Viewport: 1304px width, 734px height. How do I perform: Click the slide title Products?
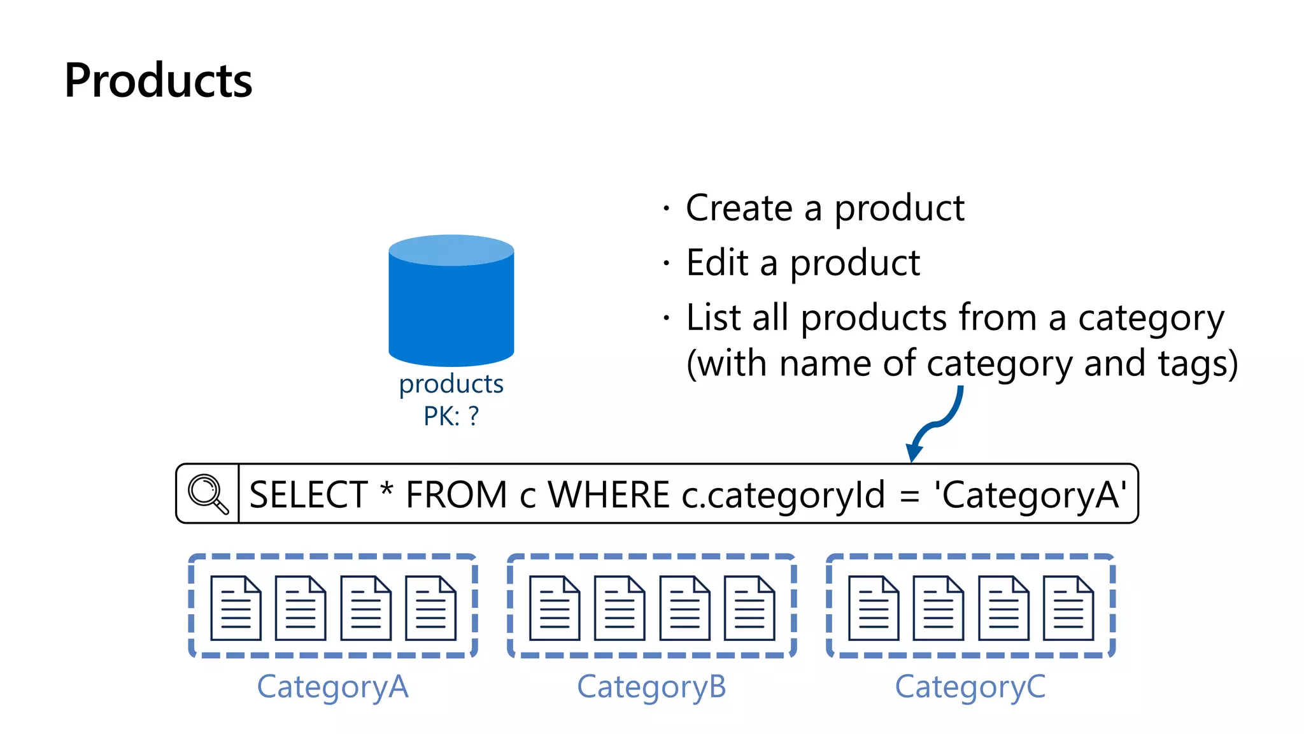158,81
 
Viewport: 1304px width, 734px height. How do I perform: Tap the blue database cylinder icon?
451,301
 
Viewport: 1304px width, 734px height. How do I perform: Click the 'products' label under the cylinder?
451,384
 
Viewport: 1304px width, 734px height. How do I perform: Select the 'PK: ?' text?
451,417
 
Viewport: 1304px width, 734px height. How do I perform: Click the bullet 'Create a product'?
825,208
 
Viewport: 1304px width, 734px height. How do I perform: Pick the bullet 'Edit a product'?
802,263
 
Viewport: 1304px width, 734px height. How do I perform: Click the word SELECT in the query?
308,495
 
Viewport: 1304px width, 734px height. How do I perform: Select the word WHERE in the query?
609,495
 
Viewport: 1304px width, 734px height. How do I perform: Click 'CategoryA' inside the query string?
1030,495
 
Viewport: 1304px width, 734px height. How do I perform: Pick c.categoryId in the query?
783,495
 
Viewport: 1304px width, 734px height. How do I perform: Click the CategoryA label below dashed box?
332,687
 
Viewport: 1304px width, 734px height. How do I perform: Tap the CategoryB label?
651,687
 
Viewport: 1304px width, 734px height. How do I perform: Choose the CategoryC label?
970,687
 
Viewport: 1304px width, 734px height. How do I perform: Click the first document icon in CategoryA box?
236,608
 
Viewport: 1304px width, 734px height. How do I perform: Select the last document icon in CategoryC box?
1068,608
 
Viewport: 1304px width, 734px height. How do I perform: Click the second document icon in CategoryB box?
620,608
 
